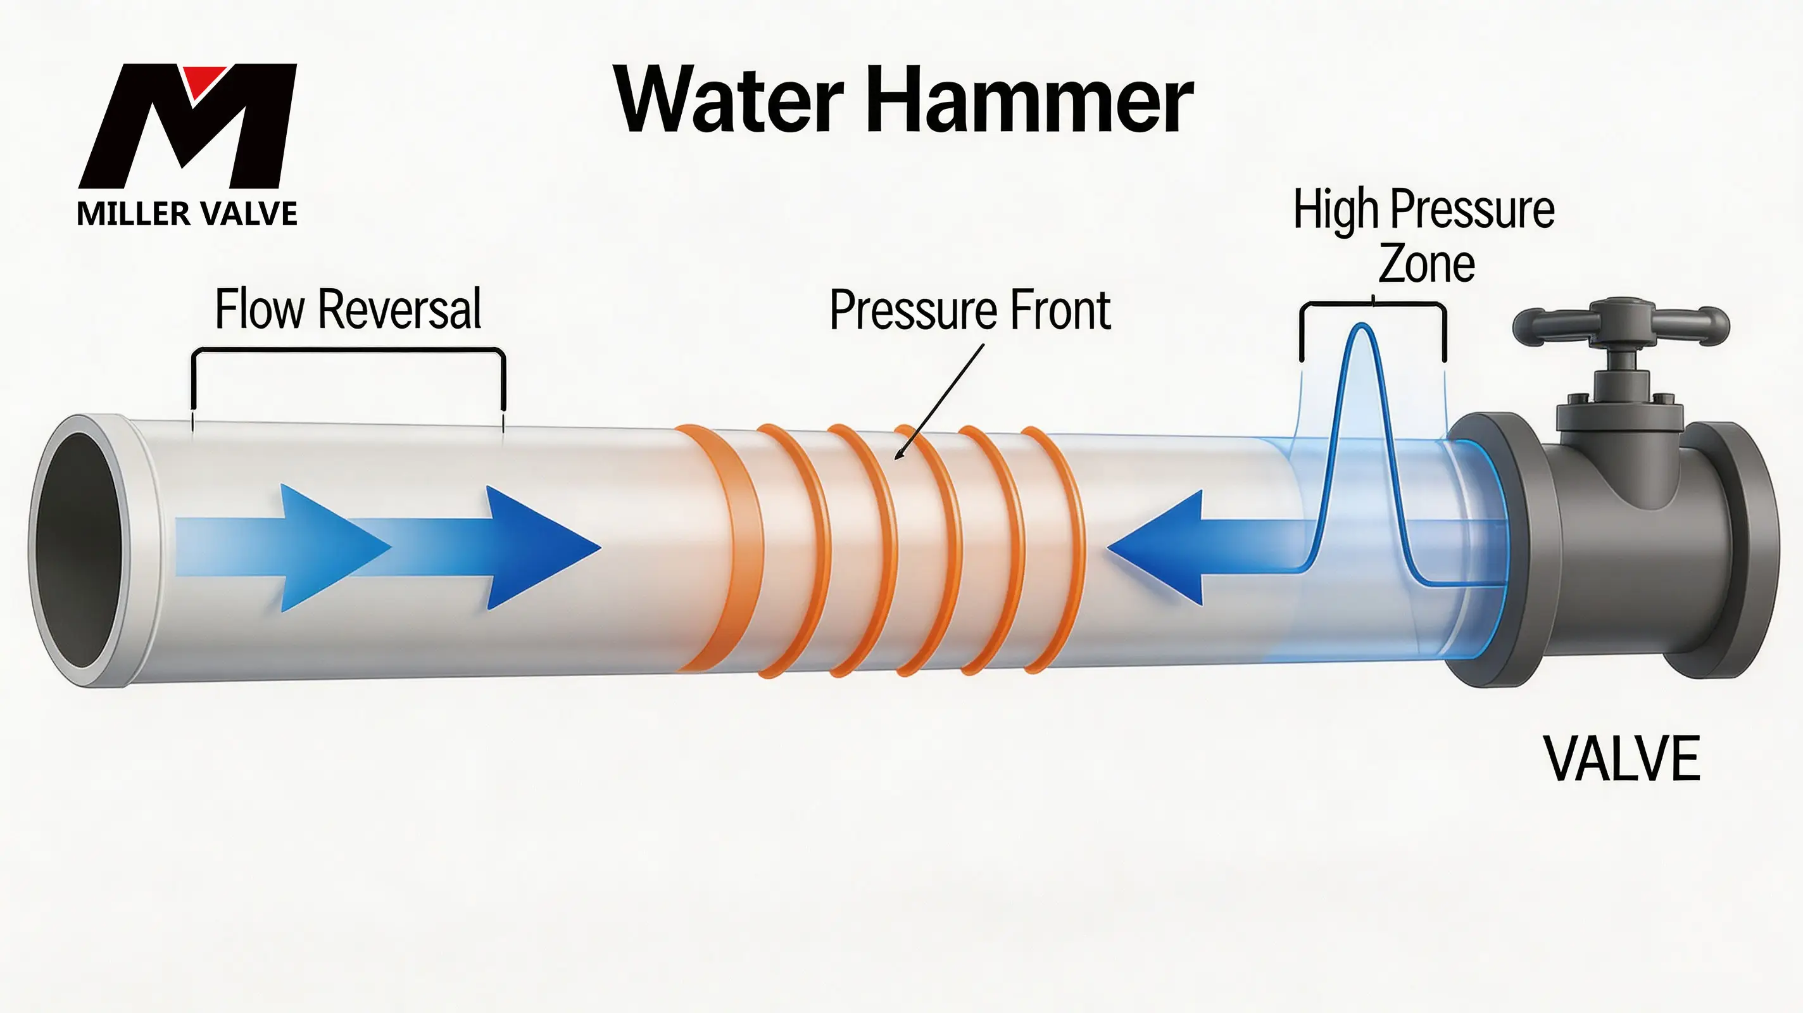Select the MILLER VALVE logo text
coord(187,213)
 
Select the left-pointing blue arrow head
coord(1155,548)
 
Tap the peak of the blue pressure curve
coord(1362,324)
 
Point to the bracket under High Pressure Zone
coord(1373,305)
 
